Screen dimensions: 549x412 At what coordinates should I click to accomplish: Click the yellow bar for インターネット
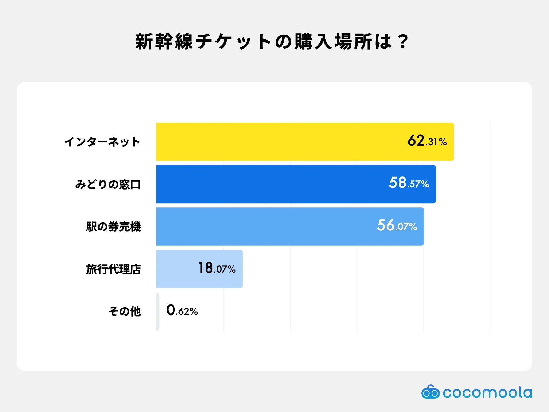point(305,141)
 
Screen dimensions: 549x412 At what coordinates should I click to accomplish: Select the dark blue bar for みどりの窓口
point(296,184)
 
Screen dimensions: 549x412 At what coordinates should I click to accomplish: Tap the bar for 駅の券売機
point(290,226)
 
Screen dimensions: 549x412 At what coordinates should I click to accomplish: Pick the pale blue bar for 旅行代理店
point(199,269)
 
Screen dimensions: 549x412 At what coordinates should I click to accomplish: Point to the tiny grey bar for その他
point(158,311)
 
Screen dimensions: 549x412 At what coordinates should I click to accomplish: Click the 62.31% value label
point(427,141)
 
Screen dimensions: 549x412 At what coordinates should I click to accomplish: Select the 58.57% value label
point(409,183)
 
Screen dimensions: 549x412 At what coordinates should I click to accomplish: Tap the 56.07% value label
point(397,225)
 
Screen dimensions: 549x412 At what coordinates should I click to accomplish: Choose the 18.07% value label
point(217,268)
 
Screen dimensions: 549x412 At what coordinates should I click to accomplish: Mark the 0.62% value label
point(182,310)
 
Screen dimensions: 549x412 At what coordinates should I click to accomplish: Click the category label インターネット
point(103,142)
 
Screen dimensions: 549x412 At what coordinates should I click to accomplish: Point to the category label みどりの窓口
point(108,184)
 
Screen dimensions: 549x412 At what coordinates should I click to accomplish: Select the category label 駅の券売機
point(114,227)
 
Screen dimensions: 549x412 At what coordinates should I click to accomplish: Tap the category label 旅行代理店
point(114,269)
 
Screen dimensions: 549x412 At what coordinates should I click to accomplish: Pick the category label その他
point(125,312)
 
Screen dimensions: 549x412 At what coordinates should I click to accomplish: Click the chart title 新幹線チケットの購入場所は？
point(272,42)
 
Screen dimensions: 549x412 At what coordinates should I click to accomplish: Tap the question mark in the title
point(403,42)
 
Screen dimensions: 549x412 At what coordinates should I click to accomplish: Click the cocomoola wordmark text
point(487,392)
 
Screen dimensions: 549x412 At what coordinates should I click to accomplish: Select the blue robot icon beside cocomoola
point(430,391)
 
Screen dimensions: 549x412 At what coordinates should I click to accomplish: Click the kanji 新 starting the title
point(144,42)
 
